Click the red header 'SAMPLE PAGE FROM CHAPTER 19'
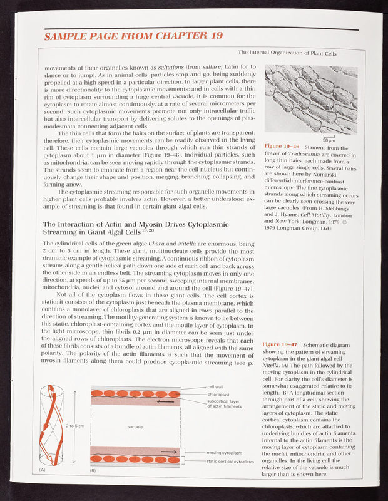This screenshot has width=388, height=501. [131, 36]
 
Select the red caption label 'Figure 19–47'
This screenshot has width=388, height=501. [279, 344]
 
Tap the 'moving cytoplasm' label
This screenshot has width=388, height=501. [224, 452]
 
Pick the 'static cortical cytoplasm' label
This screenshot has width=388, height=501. [230, 462]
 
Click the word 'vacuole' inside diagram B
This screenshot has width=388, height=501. [136, 426]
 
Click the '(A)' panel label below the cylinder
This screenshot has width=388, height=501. [43, 469]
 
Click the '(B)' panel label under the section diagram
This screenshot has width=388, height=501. [93, 470]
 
